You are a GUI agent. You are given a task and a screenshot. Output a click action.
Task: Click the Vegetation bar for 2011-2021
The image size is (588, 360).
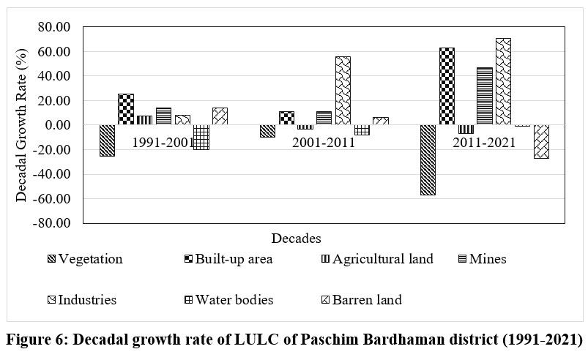click(427, 160)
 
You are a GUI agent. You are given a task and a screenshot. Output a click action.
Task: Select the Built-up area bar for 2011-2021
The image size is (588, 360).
click(446, 86)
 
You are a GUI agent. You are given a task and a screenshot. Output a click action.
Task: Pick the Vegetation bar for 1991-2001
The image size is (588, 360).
click(107, 140)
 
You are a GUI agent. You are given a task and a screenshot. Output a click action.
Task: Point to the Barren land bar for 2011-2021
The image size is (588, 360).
click(541, 141)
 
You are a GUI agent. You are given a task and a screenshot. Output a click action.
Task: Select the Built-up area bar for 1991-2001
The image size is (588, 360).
click(126, 109)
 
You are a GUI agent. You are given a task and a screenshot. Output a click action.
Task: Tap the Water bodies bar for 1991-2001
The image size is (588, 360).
click(201, 137)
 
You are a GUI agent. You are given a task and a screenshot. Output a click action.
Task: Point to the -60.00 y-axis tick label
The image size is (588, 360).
click(50, 198)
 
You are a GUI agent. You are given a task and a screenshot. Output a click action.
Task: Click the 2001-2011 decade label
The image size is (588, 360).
click(324, 143)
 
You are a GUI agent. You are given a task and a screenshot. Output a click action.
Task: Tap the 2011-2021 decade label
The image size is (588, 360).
click(483, 143)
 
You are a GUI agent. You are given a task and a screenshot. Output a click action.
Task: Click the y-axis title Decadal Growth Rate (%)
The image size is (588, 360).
click(21, 125)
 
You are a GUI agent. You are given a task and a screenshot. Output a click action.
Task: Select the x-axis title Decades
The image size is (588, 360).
click(296, 239)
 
